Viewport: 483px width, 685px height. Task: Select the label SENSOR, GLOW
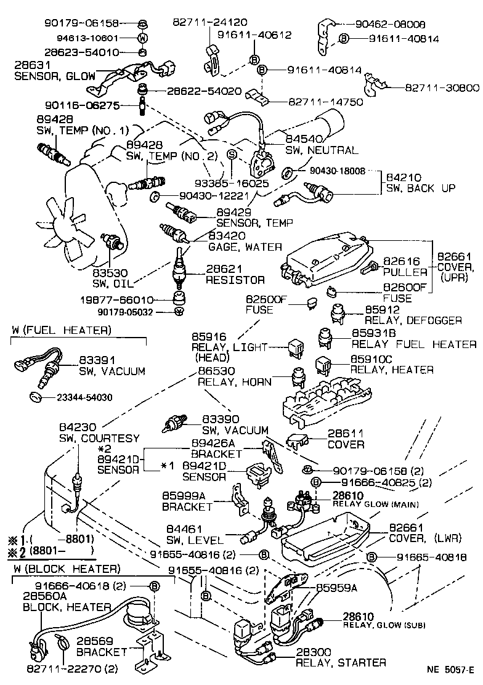[55, 77]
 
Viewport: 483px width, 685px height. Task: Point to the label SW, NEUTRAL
[321, 150]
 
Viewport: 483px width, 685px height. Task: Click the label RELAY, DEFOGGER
[413, 320]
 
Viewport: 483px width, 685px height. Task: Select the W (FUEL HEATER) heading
[61, 331]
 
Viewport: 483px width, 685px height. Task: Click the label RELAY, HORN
[234, 382]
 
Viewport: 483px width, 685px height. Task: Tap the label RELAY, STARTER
[341, 663]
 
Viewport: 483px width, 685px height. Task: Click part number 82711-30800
[442, 88]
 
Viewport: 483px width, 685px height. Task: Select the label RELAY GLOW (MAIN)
[376, 505]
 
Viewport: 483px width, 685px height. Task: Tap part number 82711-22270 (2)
[71, 668]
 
